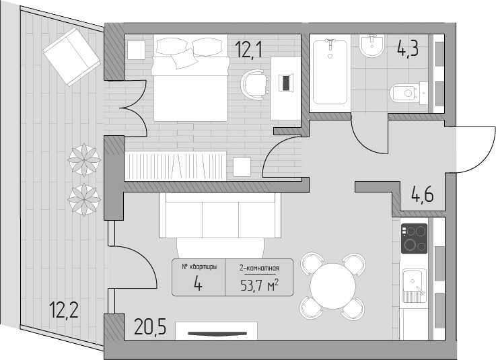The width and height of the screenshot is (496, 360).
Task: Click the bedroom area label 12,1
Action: click(x=248, y=49)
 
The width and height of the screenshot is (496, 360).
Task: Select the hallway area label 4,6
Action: click(x=422, y=194)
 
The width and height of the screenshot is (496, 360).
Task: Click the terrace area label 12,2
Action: click(x=64, y=310)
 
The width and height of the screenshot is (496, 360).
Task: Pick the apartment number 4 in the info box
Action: click(x=199, y=283)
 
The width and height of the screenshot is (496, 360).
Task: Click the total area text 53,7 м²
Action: click(x=259, y=286)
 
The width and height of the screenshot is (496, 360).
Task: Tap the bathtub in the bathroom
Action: click(x=330, y=72)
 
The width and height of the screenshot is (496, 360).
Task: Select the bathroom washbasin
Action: click(x=372, y=46)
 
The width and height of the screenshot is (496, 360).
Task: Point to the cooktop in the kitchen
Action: click(x=414, y=239)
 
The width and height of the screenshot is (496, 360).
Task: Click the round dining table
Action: click(x=332, y=286)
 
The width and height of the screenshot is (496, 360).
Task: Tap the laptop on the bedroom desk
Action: click(x=286, y=83)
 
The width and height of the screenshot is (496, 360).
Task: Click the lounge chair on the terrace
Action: click(x=72, y=57)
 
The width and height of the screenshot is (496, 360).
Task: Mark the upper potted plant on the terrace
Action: click(x=84, y=159)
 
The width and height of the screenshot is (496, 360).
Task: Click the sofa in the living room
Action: click(x=220, y=215)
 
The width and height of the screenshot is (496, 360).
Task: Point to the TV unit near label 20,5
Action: click(x=216, y=331)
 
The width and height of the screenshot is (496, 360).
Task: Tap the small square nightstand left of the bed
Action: click(x=137, y=50)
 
